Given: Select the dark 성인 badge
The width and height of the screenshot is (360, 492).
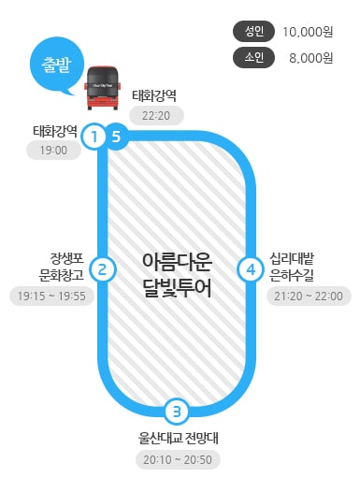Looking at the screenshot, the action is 254,30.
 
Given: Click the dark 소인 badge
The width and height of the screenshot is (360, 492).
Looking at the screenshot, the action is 254,58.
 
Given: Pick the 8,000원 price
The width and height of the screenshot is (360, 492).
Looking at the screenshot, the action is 310,58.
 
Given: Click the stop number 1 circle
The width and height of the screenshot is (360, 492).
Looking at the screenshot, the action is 94,137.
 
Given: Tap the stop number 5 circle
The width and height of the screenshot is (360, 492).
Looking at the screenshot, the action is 115,137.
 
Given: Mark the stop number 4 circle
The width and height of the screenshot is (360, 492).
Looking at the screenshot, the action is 250,269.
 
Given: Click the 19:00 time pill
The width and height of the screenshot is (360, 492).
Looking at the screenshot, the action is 52,150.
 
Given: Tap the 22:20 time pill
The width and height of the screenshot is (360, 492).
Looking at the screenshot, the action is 156,116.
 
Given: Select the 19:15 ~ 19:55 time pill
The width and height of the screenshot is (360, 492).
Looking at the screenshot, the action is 51,297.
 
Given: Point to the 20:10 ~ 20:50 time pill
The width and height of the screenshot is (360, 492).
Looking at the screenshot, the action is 178,459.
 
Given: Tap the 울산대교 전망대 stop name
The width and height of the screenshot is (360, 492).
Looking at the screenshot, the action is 178,437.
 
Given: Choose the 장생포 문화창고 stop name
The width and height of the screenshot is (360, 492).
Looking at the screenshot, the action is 62,266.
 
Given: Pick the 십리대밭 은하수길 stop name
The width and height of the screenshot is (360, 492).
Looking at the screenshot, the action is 292,266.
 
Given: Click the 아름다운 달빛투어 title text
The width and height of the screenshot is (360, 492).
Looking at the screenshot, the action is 177,274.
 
